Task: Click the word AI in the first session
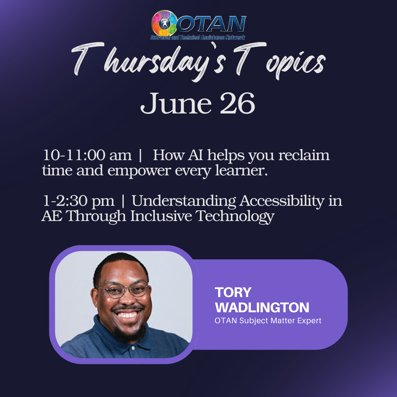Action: click(196, 155)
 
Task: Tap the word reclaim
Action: click(304, 155)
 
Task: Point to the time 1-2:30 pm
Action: click(79, 201)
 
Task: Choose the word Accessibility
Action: click(282, 201)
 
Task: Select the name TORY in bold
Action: click(233, 292)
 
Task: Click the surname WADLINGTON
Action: click(262, 308)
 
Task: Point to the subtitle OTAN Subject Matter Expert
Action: click(268, 321)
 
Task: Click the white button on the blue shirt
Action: click(133, 348)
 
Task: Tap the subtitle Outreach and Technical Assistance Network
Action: click(198, 38)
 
